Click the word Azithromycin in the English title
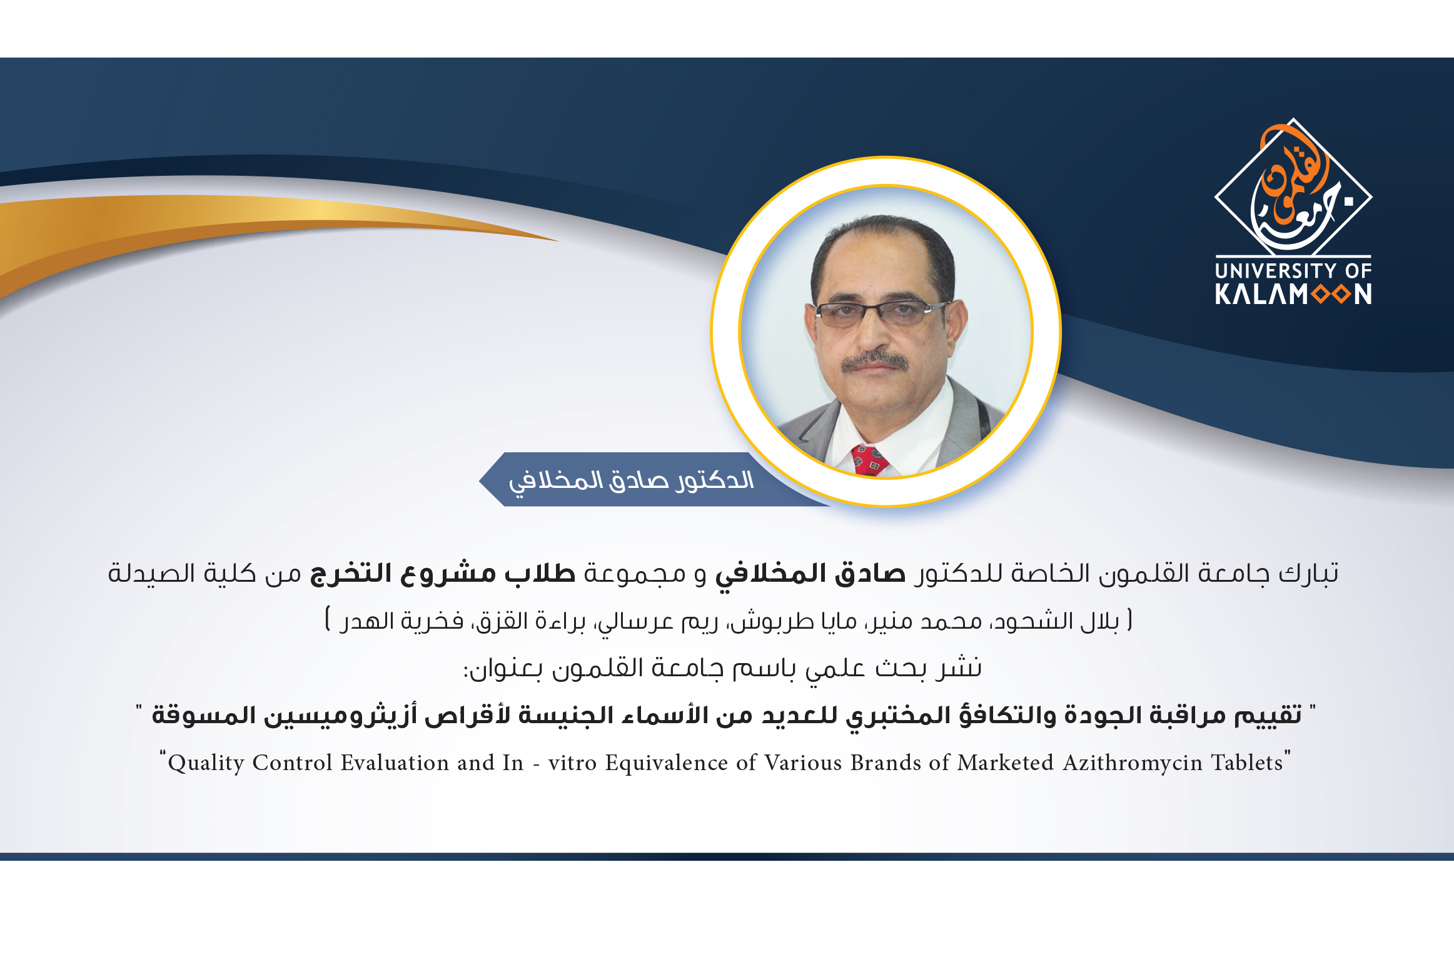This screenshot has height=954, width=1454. [1133, 763]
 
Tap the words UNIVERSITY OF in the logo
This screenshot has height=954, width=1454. [1293, 271]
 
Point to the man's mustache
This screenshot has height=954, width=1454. [874, 361]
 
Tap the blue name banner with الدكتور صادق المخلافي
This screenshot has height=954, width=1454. [650, 479]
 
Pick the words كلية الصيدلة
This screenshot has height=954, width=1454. [182, 573]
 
